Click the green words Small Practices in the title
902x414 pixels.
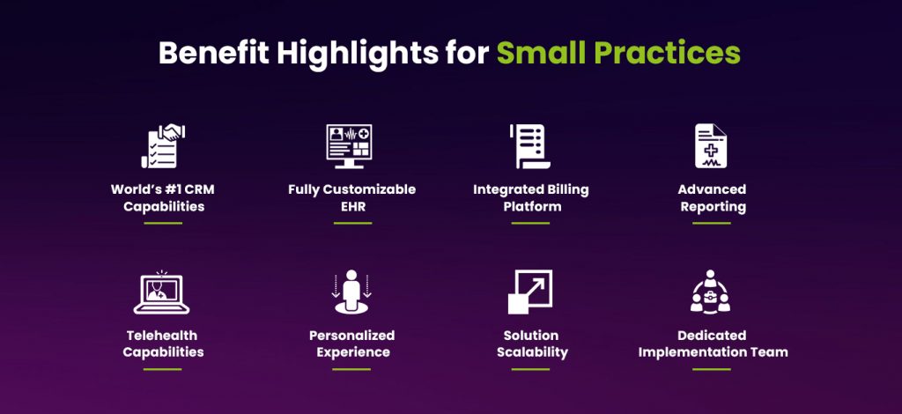coord(617,53)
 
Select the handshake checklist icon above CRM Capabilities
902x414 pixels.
coord(162,145)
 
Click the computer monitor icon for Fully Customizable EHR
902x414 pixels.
coord(349,145)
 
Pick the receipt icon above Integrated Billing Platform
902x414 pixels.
coord(530,145)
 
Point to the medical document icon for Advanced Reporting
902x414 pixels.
coord(711,145)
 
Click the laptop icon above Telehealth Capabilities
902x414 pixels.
coord(162,292)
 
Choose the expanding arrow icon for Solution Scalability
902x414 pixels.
coord(530,292)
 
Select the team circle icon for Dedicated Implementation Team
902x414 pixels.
coord(711,292)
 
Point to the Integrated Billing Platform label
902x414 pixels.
coord(530,198)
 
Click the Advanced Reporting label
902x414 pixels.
coord(712,198)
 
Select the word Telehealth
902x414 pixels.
coord(163,335)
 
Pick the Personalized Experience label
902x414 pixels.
coord(351,344)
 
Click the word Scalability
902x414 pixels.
coord(530,352)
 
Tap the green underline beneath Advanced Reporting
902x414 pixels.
coord(711,223)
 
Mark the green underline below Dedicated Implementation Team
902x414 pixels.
coord(711,368)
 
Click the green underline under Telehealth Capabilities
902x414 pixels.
coord(162,368)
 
